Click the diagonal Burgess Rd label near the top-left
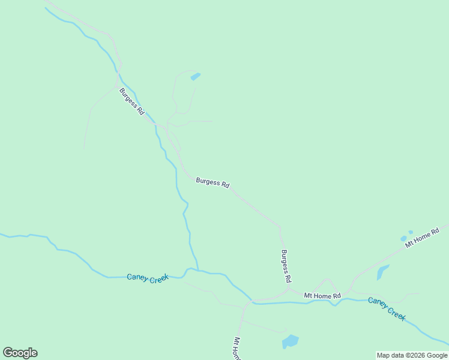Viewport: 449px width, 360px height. coord(131,101)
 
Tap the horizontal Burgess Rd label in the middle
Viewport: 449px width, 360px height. coord(212,183)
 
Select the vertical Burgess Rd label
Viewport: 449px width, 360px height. coord(286,266)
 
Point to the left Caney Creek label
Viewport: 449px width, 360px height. coord(148,278)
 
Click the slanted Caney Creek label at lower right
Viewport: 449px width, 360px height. coord(387,308)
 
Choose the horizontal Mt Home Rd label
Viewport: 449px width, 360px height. coord(322,296)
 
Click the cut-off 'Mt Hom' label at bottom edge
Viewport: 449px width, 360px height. coord(237,349)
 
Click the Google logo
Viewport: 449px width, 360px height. coord(20,353)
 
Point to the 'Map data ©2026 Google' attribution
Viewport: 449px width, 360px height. coord(412,355)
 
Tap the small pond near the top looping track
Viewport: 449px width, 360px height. coord(195,76)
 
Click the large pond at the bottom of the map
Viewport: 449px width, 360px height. coord(291,341)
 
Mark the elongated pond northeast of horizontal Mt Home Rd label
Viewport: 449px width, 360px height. coord(382,272)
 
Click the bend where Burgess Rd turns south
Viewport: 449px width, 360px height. coord(279,228)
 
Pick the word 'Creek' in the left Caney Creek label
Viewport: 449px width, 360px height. coord(158,279)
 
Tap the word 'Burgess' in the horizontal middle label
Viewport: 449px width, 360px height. coord(207,182)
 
